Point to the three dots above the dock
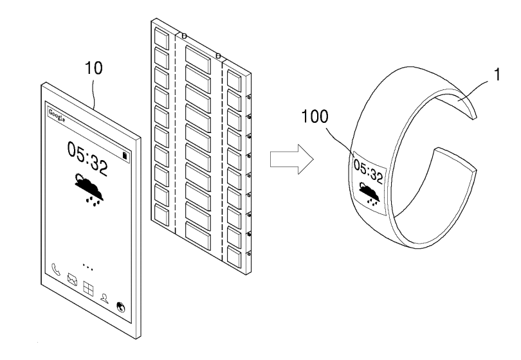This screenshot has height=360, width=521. tap(89, 265)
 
